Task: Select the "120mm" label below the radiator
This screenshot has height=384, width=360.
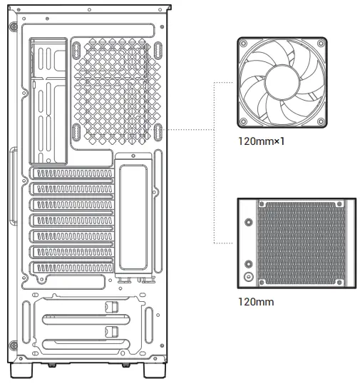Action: (255, 301)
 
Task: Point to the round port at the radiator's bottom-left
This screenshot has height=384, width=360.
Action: (247, 276)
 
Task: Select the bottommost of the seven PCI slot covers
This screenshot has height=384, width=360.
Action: (71, 268)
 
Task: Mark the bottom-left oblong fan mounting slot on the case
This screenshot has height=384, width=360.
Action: (76, 133)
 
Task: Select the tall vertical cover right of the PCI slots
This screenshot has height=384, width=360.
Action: (133, 213)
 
